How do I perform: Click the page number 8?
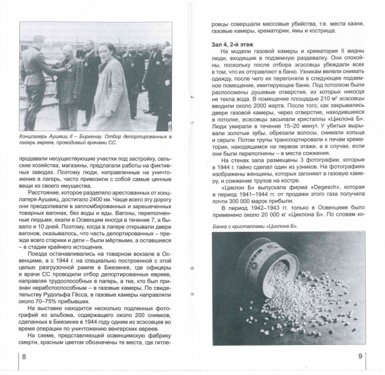click(x=24, y=356)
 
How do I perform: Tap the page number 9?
click(x=361, y=356)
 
